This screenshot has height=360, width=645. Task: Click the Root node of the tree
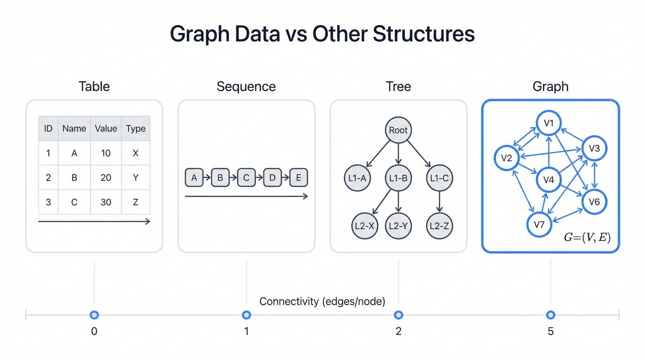pos(398,130)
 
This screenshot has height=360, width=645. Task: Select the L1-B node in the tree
pos(398,178)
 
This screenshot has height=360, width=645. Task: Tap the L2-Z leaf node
pos(439,226)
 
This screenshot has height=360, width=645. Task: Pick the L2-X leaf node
pos(364,226)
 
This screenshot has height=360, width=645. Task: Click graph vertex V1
pos(549,123)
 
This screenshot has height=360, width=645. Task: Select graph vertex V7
pos(540,225)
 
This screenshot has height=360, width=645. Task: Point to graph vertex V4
pos(549,180)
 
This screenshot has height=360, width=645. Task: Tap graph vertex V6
pos(594,202)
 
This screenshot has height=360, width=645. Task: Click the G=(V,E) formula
pos(587,238)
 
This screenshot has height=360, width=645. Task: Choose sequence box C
pos(246,178)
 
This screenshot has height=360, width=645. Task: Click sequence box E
pos(298,178)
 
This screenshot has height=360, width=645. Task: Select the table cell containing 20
pos(106,178)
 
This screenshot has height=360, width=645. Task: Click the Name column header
pos(74,128)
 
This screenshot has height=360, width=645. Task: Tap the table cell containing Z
pos(135,202)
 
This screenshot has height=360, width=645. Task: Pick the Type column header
pos(135,128)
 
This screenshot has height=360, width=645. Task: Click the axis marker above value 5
pos(550,315)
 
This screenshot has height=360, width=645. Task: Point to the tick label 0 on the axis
pos(94,332)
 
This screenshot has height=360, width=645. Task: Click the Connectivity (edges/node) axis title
pos(322,301)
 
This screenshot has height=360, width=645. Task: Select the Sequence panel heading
pos(246,87)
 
